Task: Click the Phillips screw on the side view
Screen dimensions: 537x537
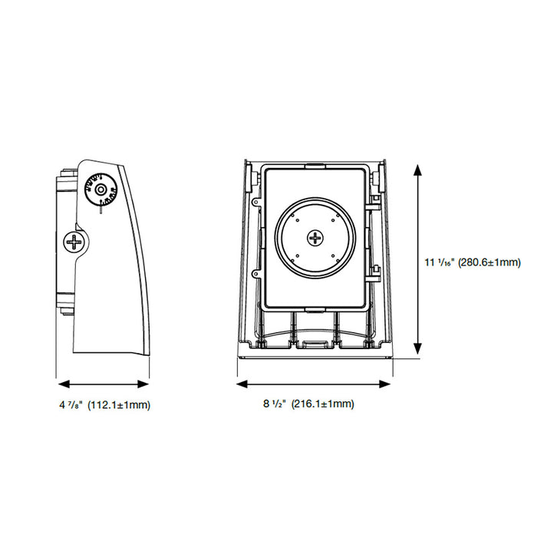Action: point(75,242)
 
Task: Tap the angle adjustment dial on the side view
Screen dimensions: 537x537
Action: point(100,189)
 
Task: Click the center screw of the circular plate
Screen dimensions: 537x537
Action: point(315,238)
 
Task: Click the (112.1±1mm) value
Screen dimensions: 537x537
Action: point(119,404)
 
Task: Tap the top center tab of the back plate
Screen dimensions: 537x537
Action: point(315,164)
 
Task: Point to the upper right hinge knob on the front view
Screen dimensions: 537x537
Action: point(377,177)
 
